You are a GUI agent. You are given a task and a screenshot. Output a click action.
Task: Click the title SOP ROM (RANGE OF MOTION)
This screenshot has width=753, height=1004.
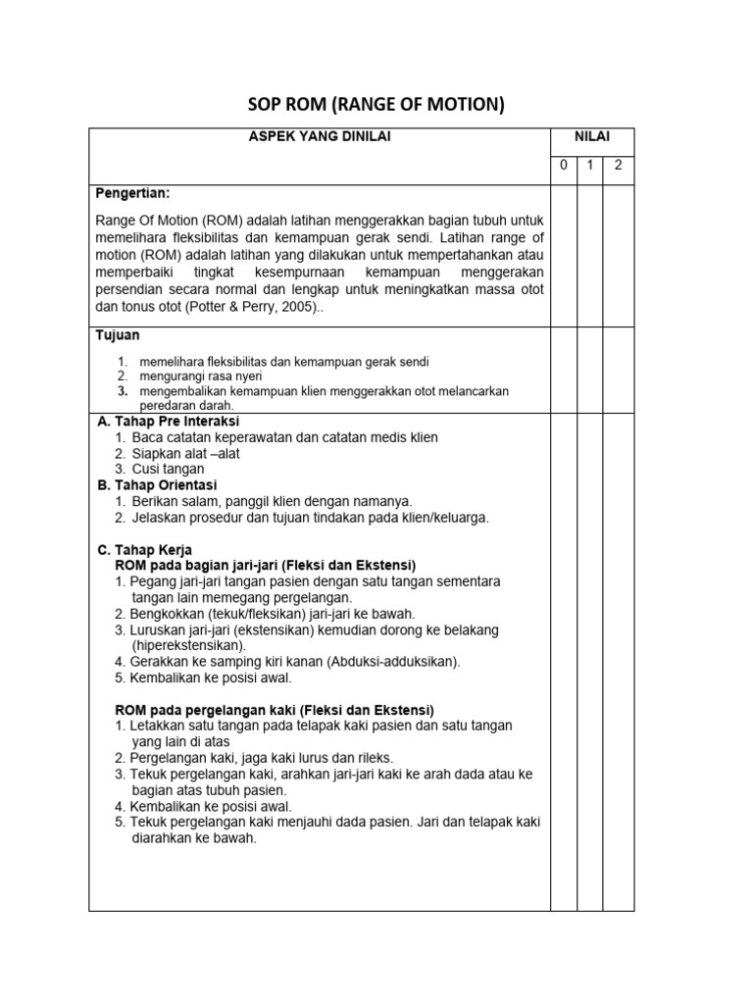pos(376,105)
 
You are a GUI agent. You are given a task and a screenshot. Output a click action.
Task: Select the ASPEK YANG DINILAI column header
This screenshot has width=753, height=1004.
pos(320,137)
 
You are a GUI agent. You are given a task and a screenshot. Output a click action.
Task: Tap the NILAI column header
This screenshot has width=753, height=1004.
pos(591,137)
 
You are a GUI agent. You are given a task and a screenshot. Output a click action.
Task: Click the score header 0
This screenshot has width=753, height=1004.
pos(563,165)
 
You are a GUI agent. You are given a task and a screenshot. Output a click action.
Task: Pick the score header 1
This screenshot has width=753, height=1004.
pos(590,165)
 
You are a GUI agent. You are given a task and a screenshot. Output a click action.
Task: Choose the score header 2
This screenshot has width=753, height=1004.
pos(618,165)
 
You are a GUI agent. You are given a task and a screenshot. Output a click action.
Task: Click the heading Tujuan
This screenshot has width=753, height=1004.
pos(118,335)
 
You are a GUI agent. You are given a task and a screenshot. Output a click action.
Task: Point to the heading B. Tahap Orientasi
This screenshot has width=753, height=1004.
pos(156,484)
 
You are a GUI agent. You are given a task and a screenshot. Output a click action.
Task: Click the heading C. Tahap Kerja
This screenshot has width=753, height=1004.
pos(144,549)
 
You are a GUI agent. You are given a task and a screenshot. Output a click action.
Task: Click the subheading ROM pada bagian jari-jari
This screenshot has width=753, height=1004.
pos(265,566)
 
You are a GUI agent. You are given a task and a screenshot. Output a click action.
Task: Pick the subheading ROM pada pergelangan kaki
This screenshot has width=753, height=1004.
pos(275,709)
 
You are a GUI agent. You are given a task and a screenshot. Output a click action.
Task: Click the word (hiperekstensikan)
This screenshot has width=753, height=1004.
pos(188,645)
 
